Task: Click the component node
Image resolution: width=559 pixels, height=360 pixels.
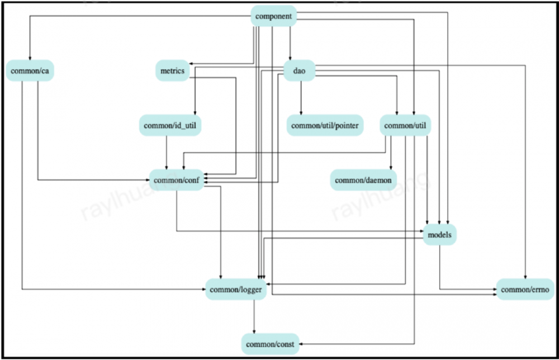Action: click(273, 16)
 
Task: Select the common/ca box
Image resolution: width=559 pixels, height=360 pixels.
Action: click(30, 72)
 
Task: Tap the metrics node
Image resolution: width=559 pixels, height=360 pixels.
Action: click(172, 72)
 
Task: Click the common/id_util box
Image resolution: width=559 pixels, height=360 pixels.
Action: click(170, 125)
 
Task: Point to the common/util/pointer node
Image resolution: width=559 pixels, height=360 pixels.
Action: click(325, 125)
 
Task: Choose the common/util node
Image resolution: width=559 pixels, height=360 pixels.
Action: click(405, 125)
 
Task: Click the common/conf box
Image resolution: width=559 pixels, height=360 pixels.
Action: click(177, 180)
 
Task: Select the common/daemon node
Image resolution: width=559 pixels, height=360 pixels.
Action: click(363, 180)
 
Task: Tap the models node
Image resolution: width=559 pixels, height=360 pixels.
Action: click(439, 234)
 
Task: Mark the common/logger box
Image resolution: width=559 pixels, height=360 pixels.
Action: click(235, 289)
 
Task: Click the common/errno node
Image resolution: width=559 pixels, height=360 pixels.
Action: click(525, 289)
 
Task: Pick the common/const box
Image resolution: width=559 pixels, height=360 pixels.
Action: click(269, 343)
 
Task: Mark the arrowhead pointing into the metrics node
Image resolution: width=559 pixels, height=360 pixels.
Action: click(191, 64)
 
